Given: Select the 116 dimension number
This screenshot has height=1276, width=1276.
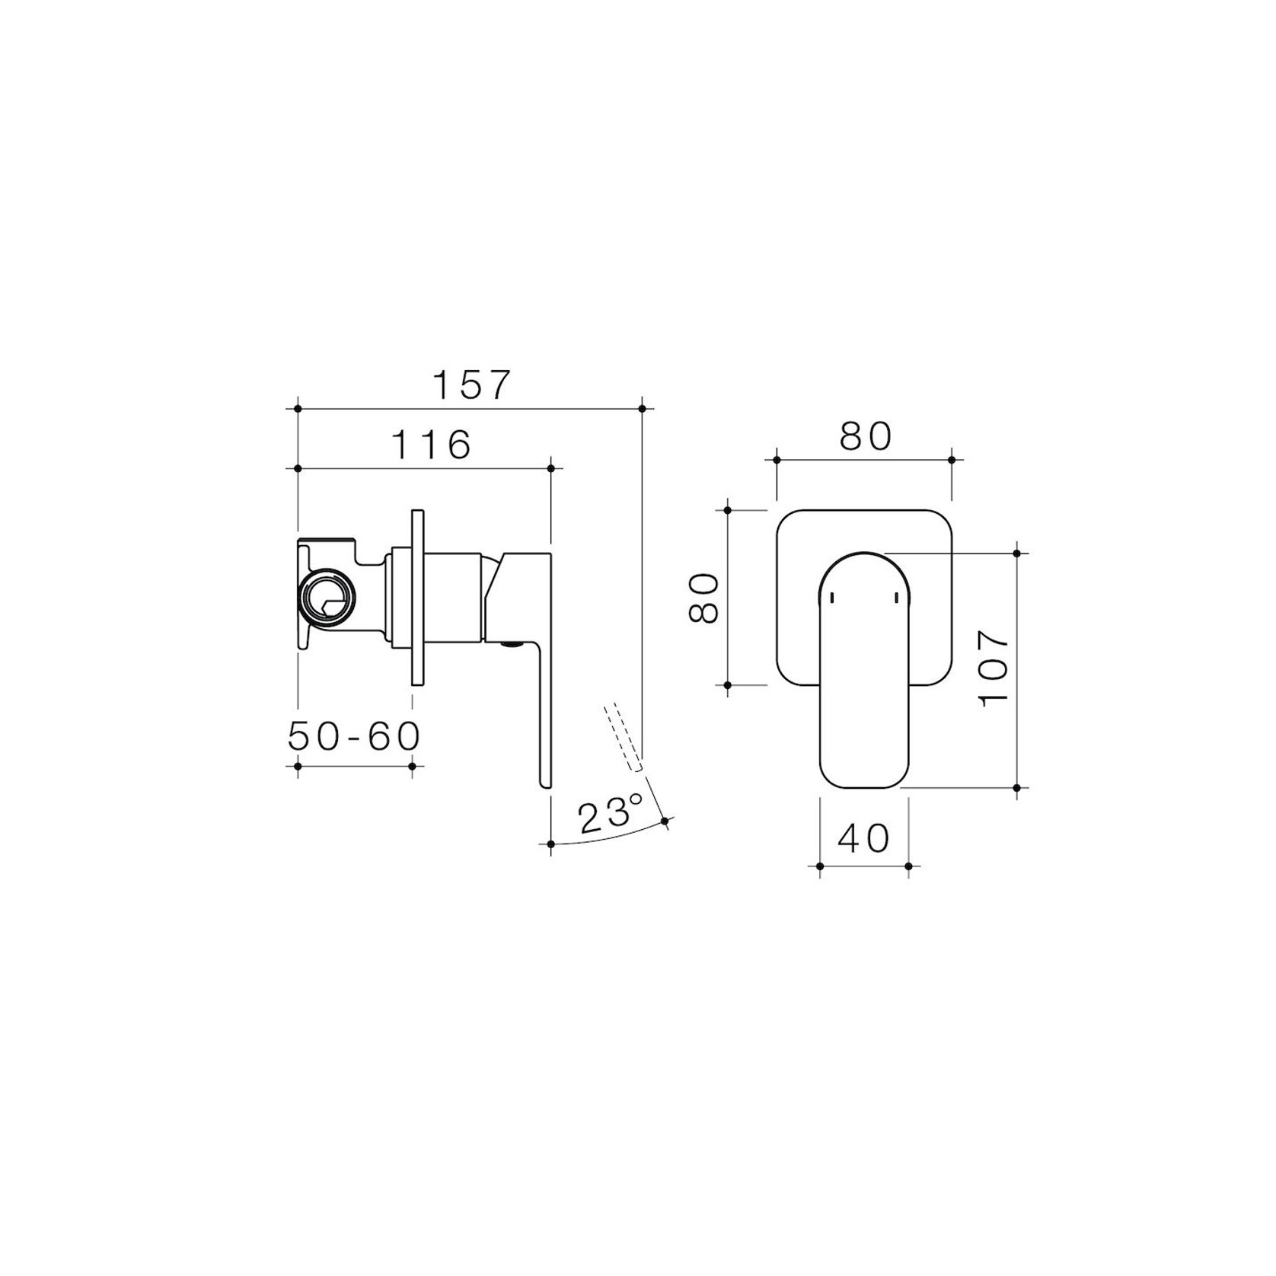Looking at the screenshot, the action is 432,445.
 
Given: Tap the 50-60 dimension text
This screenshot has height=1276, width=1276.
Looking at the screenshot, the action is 355,735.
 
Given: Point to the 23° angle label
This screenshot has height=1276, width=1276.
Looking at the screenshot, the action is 611,815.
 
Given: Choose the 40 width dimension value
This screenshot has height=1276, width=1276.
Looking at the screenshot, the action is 863,839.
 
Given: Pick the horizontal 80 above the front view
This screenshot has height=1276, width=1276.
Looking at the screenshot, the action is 865,437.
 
